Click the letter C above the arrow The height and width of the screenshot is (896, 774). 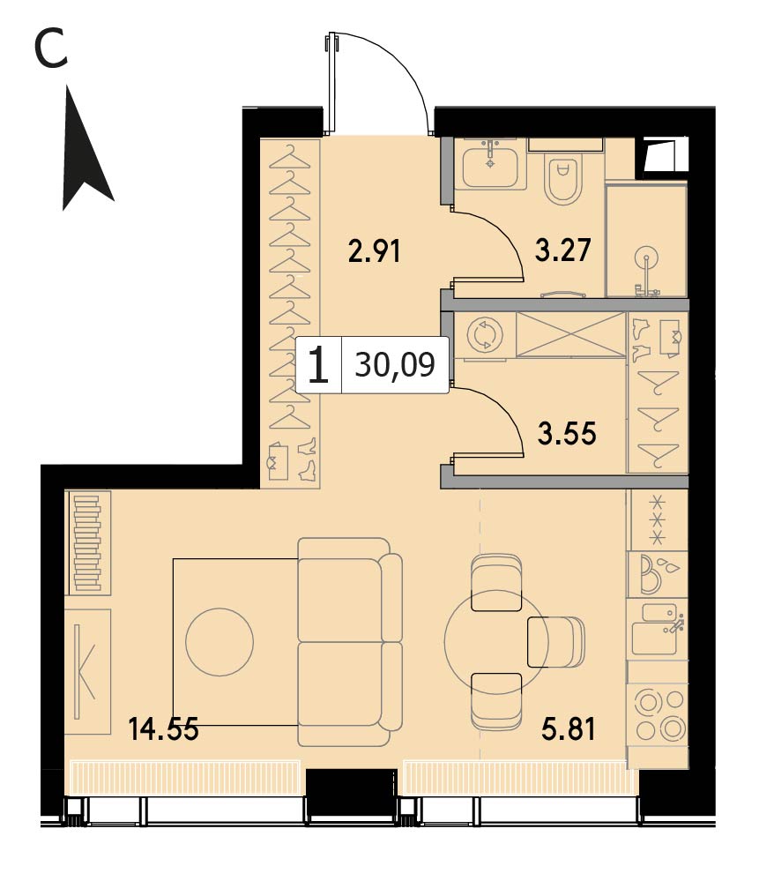(x=51, y=49)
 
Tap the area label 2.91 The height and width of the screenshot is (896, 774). (x=374, y=251)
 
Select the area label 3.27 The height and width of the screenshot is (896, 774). (x=562, y=250)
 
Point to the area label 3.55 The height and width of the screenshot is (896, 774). (x=567, y=433)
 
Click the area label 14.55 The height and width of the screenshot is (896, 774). (x=163, y=729)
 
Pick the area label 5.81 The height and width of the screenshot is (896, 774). (x=569, y=729)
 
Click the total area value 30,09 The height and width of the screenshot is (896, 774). (x=395, y=364)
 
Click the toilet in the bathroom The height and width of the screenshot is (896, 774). (x=562, y=177)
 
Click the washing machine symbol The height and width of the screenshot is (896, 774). (x=485, y=335)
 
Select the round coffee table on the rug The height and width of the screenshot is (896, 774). (x=220, y=642)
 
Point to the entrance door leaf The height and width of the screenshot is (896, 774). (x=330, y=83)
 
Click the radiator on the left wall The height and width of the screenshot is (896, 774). (x=86, y=543)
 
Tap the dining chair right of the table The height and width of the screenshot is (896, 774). (x=555, y=642)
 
